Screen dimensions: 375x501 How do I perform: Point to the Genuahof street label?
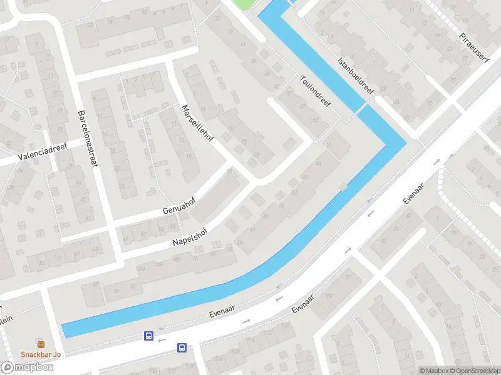click(x=178, y=206)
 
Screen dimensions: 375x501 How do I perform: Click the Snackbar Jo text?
click(x=41, y=354)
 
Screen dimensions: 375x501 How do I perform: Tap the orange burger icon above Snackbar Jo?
click(x=41, y=344)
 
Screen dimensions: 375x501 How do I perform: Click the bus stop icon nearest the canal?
click(x=149, y=336)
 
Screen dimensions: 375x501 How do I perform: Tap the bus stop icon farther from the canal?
click(x=182, y=347)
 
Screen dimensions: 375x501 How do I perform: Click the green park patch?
click(x=246, y=4)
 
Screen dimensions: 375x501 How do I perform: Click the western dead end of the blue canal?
click(x=65, y=331)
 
